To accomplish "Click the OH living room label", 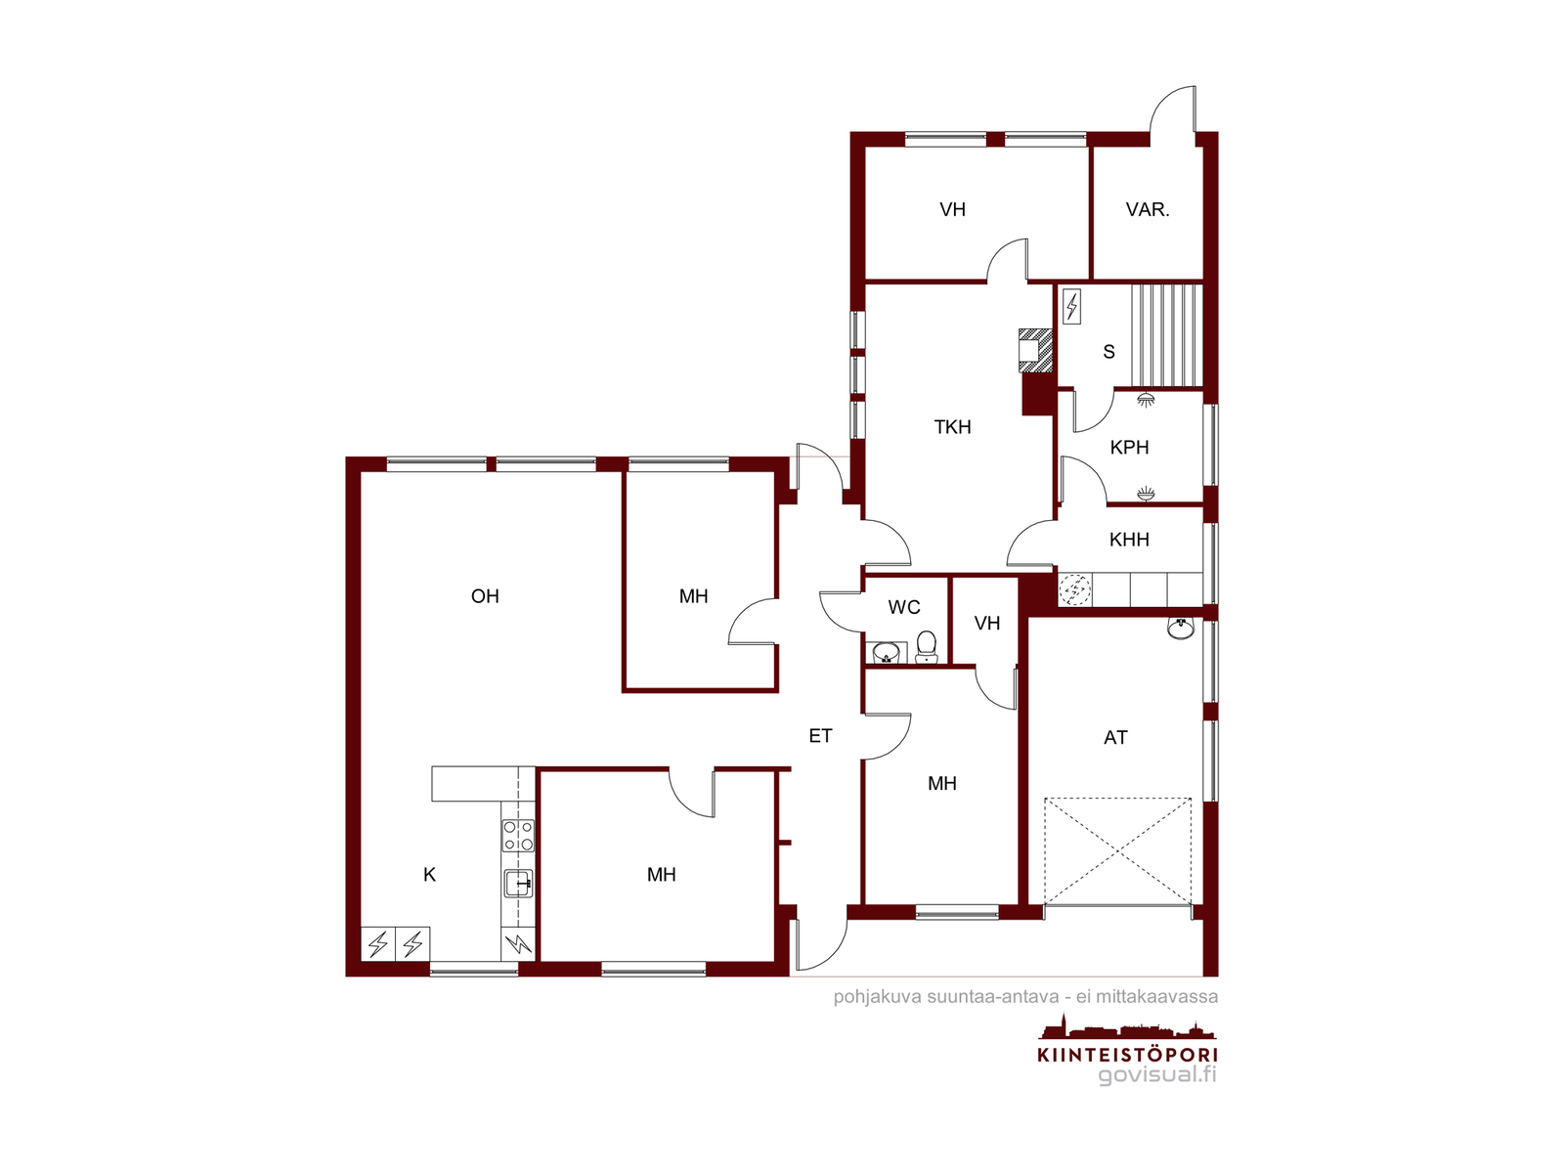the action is [485, 596].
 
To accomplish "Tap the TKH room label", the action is [952, 426].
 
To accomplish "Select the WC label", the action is [903, 607].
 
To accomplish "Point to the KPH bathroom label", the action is [1129, 448].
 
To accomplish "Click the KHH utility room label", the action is [1129, 540].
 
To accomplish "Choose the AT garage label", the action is [1115, 738].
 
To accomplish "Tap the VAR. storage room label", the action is [1148, 210].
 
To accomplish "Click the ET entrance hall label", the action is [820, 736].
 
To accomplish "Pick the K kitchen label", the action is [429, 875].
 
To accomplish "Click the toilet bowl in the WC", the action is [926, 646].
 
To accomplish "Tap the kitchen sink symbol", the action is [519, 884].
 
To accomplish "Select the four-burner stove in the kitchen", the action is [518, 836].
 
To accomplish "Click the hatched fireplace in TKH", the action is [1036, 350].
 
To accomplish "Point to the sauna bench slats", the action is [1166, 335].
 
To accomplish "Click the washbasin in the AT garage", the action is [1181, 629].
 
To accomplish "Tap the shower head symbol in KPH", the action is [1145, 400].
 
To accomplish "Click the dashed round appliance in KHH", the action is [1074, 589].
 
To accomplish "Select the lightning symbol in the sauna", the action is [1071, 306].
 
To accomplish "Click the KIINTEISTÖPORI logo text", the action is [1127, 1055].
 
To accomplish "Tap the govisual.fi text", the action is [1157, 1074].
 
